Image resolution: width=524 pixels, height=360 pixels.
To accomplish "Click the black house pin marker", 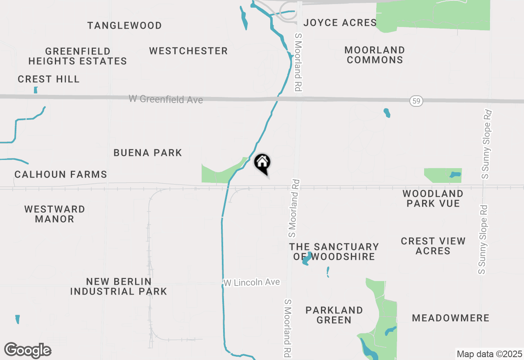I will tap(262, 164).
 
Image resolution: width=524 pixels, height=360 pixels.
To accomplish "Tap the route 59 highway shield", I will tap(416, 101).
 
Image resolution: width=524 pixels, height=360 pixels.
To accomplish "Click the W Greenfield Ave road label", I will tap(166, 99).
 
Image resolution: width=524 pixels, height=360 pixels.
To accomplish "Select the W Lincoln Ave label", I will tap(252, 282).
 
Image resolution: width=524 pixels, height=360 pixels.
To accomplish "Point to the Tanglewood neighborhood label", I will tap(124, 25).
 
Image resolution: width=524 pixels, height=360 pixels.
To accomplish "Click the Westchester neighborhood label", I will tap(188, 51).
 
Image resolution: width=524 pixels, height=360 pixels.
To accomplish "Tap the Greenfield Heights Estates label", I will tap(78, 56).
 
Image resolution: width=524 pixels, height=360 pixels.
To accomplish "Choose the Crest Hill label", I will tap(49, 79).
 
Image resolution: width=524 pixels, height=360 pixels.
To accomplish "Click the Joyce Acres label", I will tap(340, 22).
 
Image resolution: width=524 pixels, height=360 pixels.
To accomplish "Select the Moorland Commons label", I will tap(375, 55).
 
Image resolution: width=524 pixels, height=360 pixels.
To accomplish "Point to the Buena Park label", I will tap(148, 153).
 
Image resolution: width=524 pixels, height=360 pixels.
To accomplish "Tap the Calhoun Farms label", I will tap(61, 174).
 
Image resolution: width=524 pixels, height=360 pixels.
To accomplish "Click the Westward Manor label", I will tap(54, 214).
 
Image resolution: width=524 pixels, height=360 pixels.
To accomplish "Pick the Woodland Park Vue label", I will tap(433, 198).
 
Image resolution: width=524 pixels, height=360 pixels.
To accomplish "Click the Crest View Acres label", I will tap(433, 246).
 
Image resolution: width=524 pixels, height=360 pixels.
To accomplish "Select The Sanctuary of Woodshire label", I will tap(334, 252).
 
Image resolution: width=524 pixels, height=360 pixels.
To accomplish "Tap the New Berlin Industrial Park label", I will tap(119, 286).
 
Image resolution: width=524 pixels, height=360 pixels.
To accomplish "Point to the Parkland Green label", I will tap(334, 315).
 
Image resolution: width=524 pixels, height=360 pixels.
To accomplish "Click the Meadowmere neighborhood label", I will tap(451, 318).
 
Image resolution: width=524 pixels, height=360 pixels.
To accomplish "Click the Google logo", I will tap(28, 351).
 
